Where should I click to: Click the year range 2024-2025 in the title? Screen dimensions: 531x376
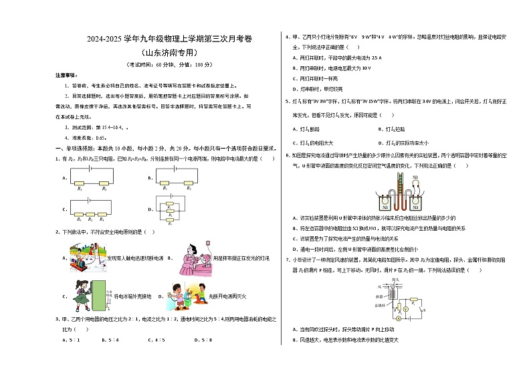point(102,39)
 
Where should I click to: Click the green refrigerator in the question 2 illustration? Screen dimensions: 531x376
point(100,295)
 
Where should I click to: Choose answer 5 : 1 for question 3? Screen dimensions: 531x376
point(71,339)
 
